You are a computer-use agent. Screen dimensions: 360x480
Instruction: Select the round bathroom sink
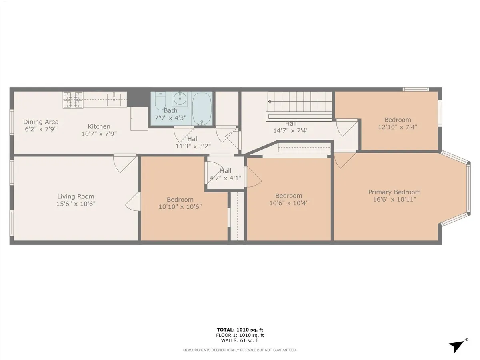180,97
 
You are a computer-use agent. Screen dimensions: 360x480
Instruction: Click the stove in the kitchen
73,100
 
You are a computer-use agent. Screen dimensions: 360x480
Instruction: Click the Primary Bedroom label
394,192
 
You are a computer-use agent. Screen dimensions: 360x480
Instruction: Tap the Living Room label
76,196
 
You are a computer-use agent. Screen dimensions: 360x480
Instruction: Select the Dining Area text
41,122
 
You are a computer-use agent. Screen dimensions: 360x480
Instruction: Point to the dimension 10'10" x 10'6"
180,207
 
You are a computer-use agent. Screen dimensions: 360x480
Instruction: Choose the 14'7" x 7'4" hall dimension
291,130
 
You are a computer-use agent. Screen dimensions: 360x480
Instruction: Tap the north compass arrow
457,346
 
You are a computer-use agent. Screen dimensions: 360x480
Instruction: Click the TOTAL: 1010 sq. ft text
240,330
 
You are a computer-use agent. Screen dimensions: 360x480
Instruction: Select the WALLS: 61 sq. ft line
240,341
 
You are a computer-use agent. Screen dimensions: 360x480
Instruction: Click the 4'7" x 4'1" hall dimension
226,178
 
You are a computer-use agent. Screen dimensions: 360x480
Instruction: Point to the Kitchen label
99,127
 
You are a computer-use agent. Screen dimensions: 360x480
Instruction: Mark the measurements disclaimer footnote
240,350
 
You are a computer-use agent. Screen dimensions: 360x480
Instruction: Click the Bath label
170,110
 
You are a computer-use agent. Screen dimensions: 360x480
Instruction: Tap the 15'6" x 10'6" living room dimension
76,204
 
